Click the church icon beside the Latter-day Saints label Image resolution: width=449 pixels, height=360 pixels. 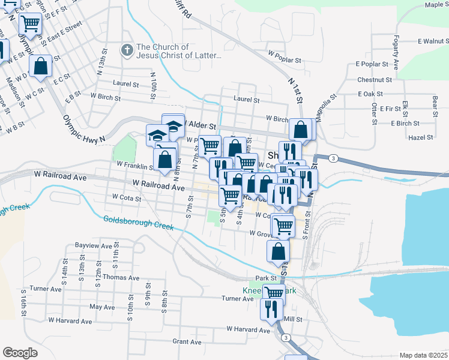tap(127, 50)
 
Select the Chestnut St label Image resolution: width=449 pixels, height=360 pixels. tap(374, 79)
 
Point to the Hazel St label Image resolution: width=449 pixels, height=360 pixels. tap(420, 137)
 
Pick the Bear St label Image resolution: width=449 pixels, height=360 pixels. tap(434, 106)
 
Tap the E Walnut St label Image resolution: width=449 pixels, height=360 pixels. tap(428, 41)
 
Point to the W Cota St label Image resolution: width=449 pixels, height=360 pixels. tap(126, 197)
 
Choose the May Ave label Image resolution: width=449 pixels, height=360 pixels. tap(101, 307)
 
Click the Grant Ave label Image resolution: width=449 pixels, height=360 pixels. tap(187, 341)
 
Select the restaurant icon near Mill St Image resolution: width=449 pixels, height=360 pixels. tap(271, 309)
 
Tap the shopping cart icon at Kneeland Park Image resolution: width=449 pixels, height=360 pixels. tap(273, 293)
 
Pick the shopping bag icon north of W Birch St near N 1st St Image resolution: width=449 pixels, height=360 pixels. tap(300, 129)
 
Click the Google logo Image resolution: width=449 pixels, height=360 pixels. tap(20, 353)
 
